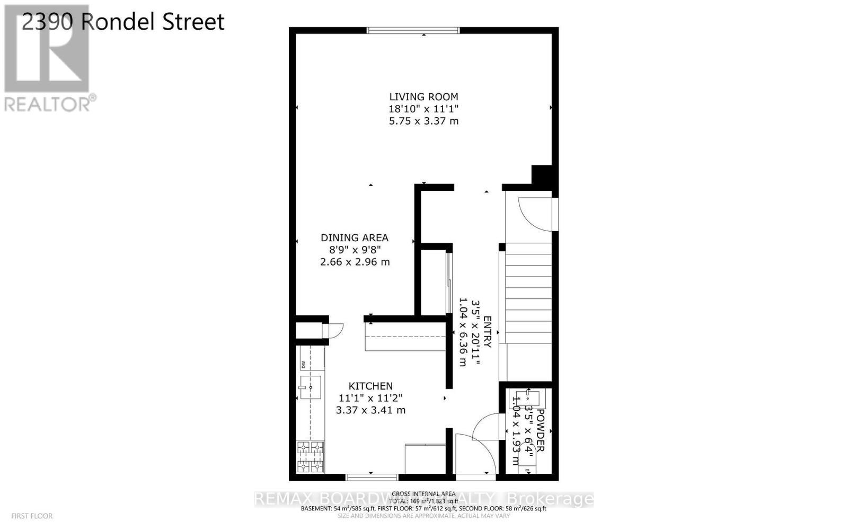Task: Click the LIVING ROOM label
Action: (x=423, y=97)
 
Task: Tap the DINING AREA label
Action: (x=355, y=238)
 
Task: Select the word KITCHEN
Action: (x=370, y=386)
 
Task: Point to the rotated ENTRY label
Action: (x=488, y=332)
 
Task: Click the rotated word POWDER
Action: (x=540, y=430)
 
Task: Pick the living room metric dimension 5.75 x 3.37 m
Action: (x=423, y=121)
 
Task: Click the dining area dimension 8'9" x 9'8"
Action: (x=355, y=250)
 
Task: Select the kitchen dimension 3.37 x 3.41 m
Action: (x=370, y=410)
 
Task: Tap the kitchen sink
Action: (x=310, y=387)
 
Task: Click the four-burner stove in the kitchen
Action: (x=310, y=456)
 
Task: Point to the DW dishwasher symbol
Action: (x=303, y=365)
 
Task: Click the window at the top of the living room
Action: (x=413, y=30)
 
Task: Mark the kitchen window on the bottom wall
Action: (x=372, y=477)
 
